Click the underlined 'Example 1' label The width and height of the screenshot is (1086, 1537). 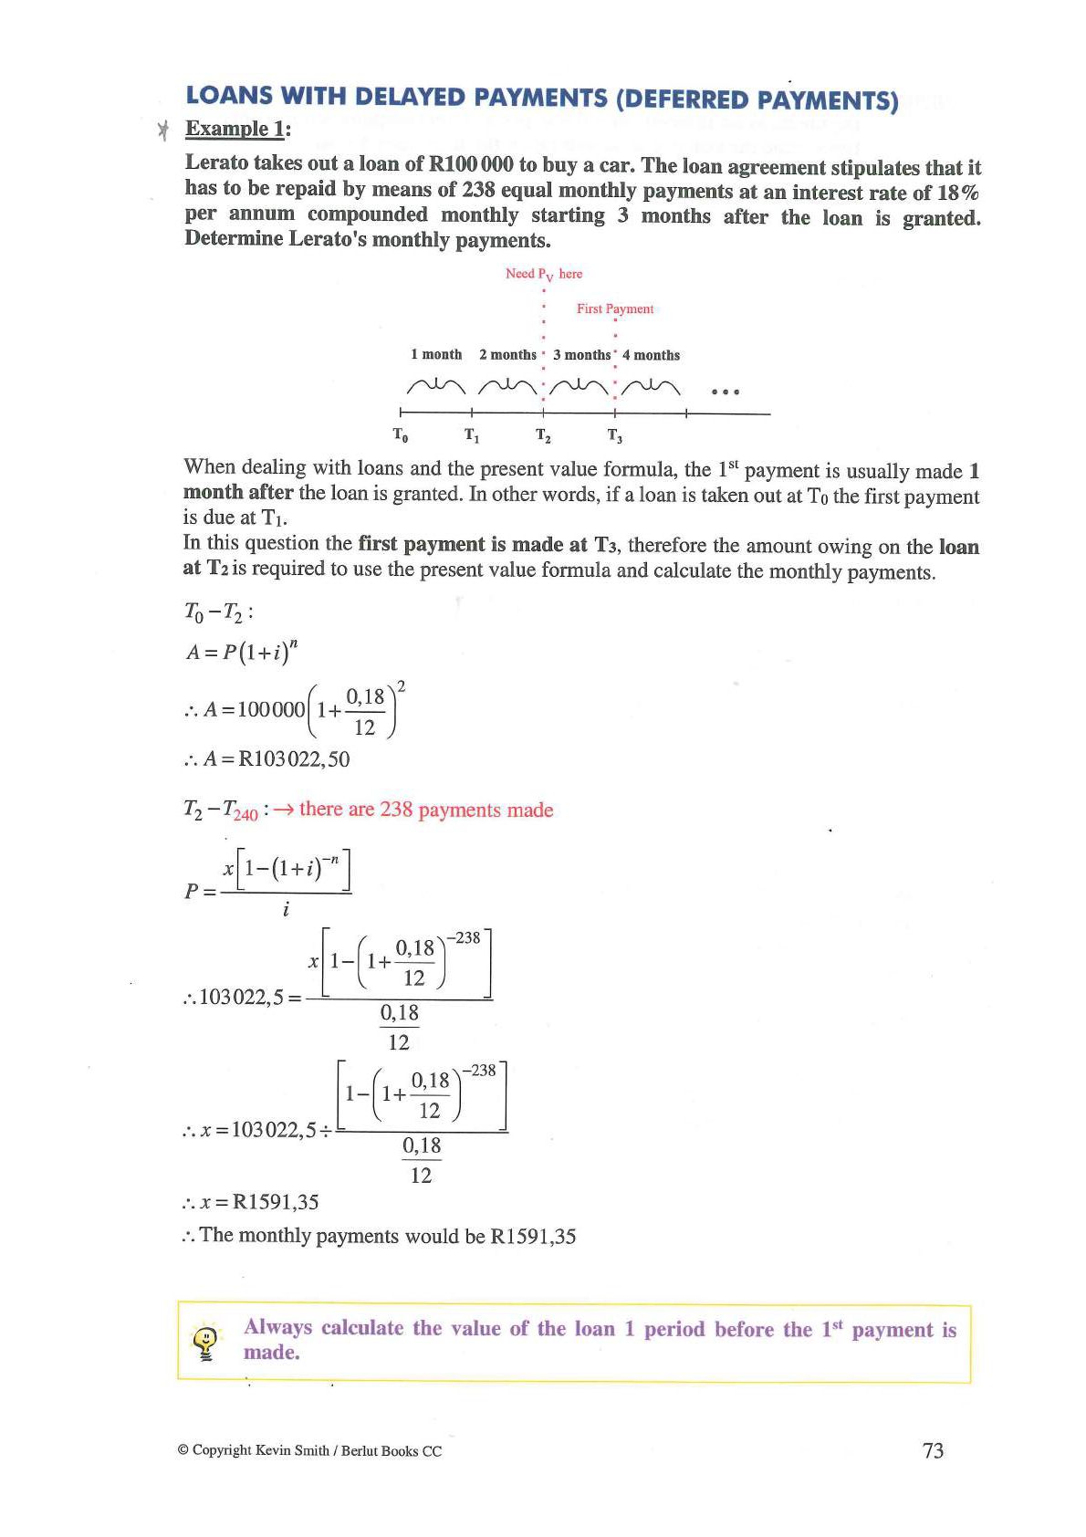pyautogui.click(x=235, y=129)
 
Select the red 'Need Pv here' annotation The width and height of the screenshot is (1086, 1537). pyautogui.click(x=544, y=274)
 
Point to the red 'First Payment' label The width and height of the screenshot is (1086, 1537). pyautogui.click(x=615, y=308)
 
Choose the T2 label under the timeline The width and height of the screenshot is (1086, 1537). pyautogui.click(x=543, y=435)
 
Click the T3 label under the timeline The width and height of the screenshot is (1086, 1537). pyautogui.click(x=615, y=435)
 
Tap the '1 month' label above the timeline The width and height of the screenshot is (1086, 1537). pyautogui.click(x=436, y=354)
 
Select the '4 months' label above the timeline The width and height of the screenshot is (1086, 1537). pyautogui.click(x=651, y=355)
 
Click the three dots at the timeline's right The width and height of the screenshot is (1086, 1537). pyautogui.click(x=724, y=392)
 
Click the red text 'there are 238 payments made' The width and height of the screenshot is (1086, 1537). pyautogui.click(x=426, y=810)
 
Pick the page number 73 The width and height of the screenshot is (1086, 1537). pyautogui.click(x=933, y=1450)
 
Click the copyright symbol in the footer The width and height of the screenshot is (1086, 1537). pyautogui.click(x=183, y=1450)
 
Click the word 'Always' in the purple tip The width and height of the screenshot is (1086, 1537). pyautogui.click(x=277, y=1327)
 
